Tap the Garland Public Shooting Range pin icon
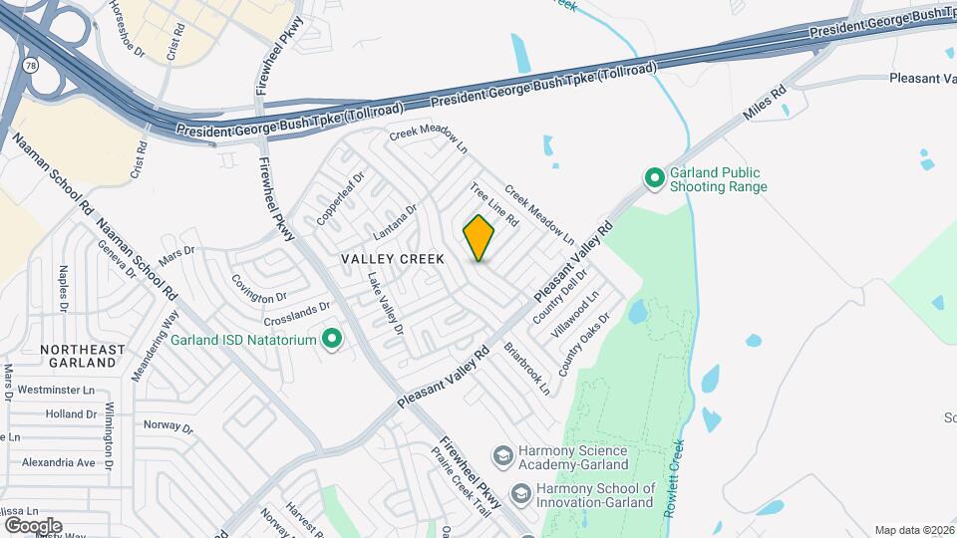pyautogui.click(x=655, y=179)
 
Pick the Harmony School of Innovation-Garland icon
pyautogui.click(x=520, y=494)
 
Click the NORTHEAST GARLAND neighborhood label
pyautogui.click(x=83, y=357)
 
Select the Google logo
pyautogui.click(x=33, y=525)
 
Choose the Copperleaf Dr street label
pyautogui.click(x=342, y=197)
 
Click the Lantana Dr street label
pyautogui.click(x=395, y=223)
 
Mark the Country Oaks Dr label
pyautogui.click(x=584, y=345)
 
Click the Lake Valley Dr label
pyautogui.click(x=385, y=303)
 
